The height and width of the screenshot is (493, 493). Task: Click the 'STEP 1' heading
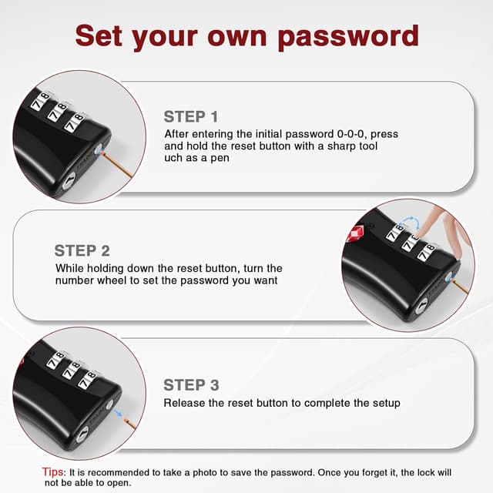pos(191,117)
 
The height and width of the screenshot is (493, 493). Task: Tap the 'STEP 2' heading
pos(82,251)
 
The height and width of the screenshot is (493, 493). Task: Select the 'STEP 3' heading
pos(191,385)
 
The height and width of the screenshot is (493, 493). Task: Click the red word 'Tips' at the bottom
pos(53,472)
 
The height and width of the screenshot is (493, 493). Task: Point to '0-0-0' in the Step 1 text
pos(350,134)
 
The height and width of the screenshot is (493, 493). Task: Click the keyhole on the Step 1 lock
pos(69,182)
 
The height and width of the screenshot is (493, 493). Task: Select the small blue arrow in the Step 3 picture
pos(118,413)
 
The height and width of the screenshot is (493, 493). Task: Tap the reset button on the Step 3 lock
pos(109,404)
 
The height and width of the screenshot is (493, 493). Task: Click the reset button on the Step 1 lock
pos(99,149)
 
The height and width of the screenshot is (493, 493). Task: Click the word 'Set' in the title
pos(99,36)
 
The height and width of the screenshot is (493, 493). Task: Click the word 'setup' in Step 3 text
pos(387,404)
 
